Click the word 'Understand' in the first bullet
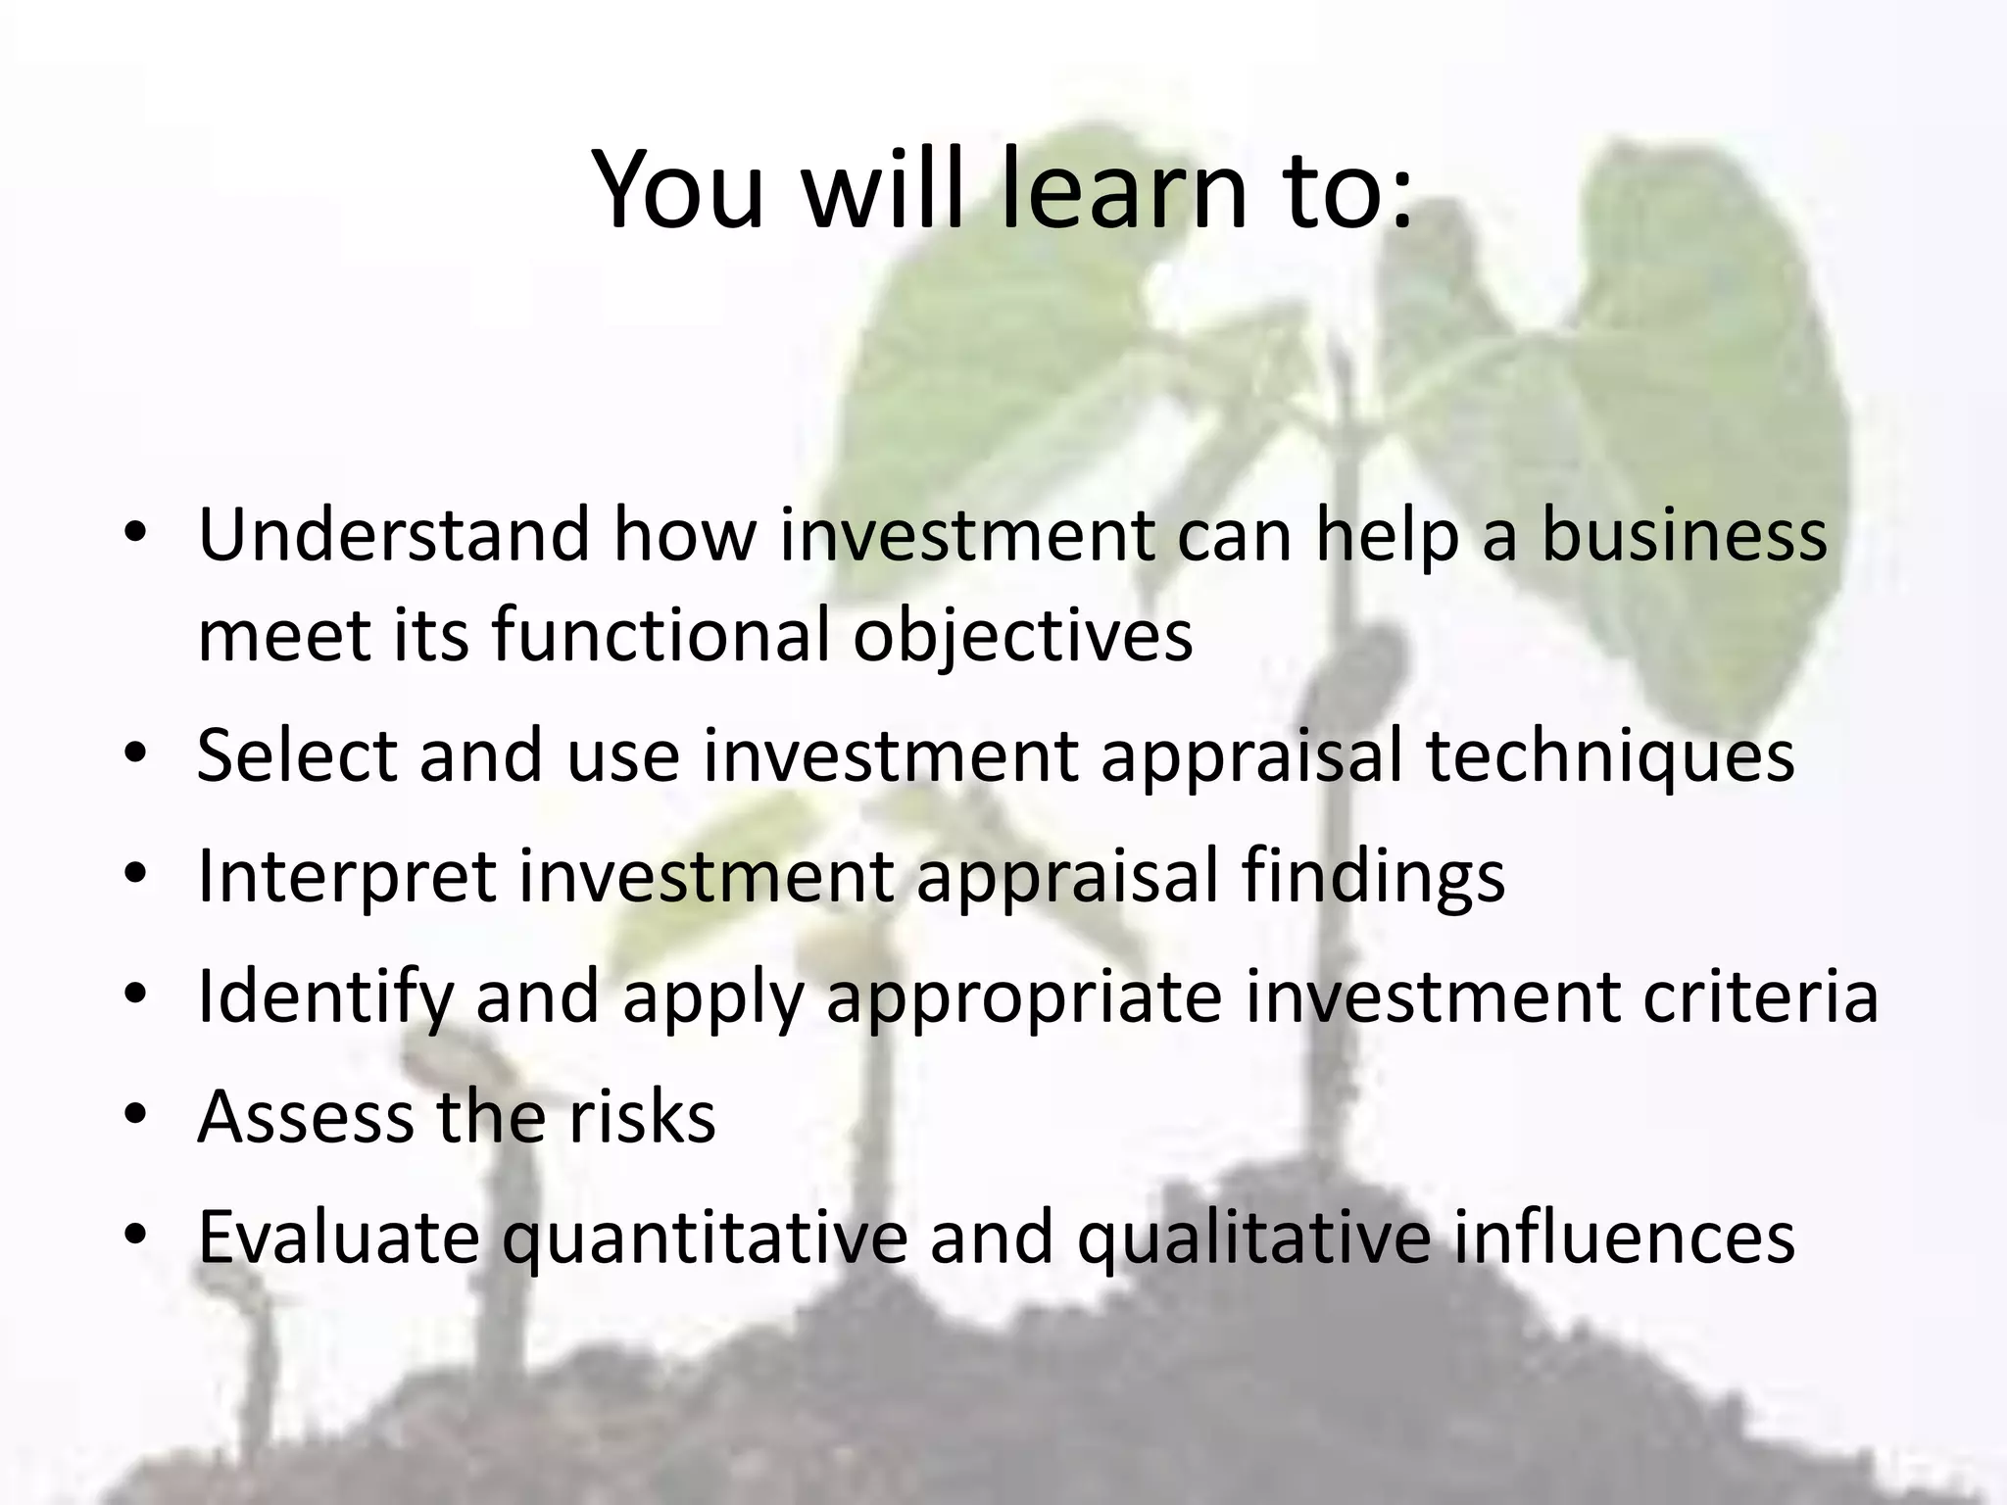[394, 535]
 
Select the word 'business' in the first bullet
[1684, 535]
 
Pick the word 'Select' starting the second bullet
[297, 755]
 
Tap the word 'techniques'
[1610, 757]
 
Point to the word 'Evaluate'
[338, 1237]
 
